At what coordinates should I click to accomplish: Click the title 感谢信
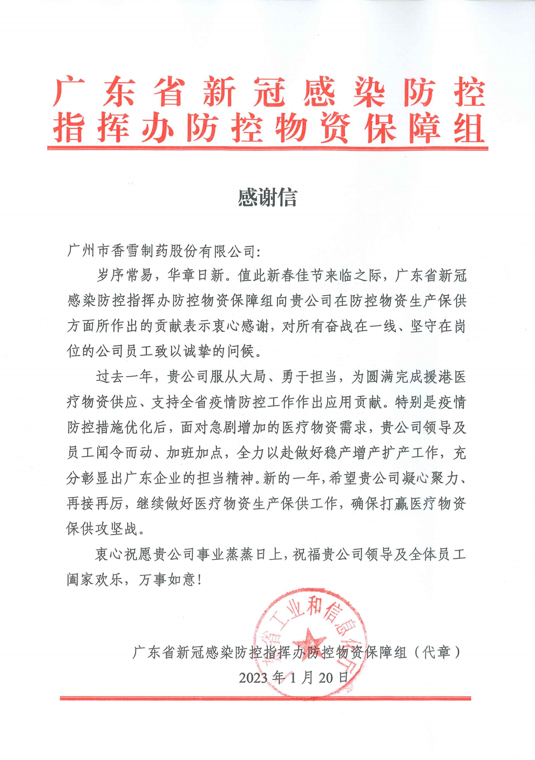tap(267, 198)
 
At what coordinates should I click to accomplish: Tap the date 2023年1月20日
tap(294, 677)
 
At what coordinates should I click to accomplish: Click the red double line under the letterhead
tap(267, 147)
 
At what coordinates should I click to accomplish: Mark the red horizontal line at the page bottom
tap(265, 698)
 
